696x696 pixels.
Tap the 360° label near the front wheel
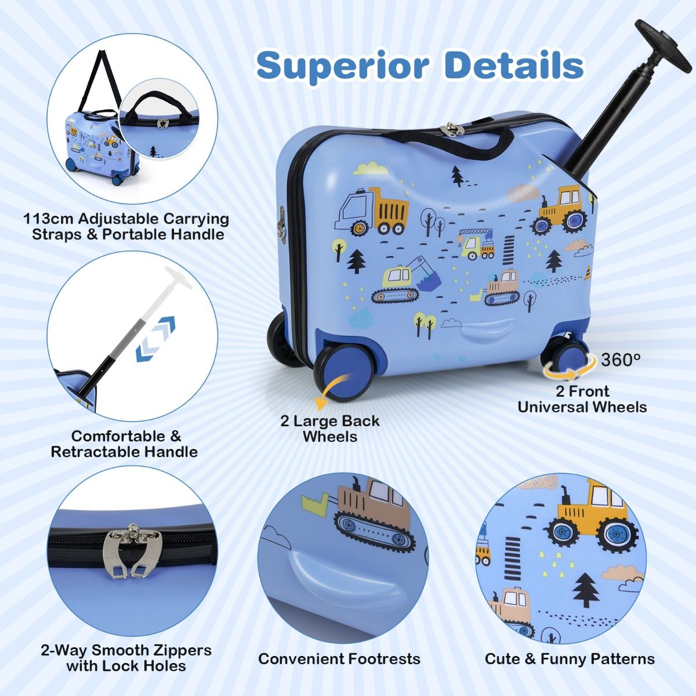coord(621,360)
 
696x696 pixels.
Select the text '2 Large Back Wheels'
coord(330,429)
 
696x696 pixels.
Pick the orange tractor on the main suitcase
coord(560,209)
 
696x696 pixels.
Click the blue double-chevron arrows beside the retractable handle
coord(155,339)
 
